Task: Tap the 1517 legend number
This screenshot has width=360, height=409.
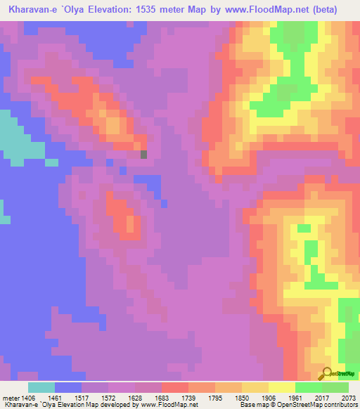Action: click(x=81, y=396)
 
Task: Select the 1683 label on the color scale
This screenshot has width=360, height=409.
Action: click(x=161, y=396)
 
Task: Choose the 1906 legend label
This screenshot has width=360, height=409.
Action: click(x=268, y=396)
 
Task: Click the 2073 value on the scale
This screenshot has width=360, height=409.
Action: click(x=348, y=396)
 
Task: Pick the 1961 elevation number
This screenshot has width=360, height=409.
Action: click(x=295, y=396)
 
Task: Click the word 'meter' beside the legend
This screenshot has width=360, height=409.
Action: click(x=11, y=396)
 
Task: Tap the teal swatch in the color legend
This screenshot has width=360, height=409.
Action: click(x=41, y=387)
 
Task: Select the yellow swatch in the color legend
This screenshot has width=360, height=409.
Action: click(x=281, y=387)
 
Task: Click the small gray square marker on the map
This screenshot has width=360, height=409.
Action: click(x=144, y=155)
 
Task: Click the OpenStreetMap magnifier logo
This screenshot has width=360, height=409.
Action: click(x=328, y=373)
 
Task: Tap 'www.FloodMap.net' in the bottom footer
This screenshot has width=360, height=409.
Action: click(x=169, y=405)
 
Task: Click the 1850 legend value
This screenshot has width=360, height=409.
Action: click(x=241, y=396)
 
